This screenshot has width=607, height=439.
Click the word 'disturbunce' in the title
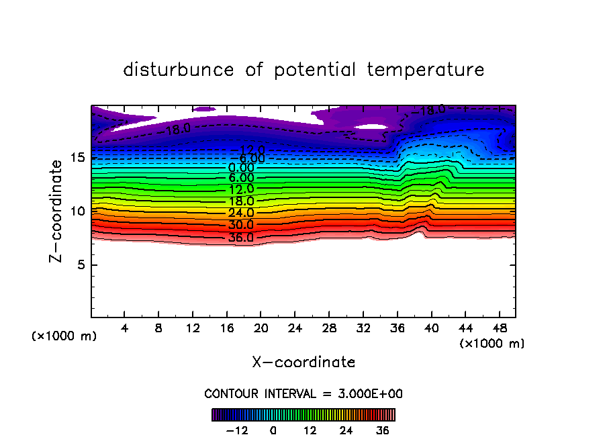(x=179, y=70)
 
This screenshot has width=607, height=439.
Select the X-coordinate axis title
(x=303, y=362)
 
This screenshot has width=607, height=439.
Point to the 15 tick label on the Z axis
(x=77, y=158)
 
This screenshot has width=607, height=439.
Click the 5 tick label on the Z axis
(x=80, y=265)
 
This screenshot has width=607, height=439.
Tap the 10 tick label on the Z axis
(x=77, y=211)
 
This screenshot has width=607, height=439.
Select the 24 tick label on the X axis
(x=295, y=329)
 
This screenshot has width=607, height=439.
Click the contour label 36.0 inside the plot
(x=240, y=238)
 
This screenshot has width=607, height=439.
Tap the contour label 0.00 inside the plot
(x=241, y=168)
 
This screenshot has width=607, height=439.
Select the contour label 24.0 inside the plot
(x=240, y=213)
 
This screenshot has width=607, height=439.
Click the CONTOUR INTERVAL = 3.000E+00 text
(x=303, y=393)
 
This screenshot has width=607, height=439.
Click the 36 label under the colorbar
(x=382, y=430)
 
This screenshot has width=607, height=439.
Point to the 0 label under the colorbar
(x=273, y=430)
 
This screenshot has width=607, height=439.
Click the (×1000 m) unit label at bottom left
(x=64, y=336)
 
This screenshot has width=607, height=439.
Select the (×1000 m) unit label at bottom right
(x=492, y=344)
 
